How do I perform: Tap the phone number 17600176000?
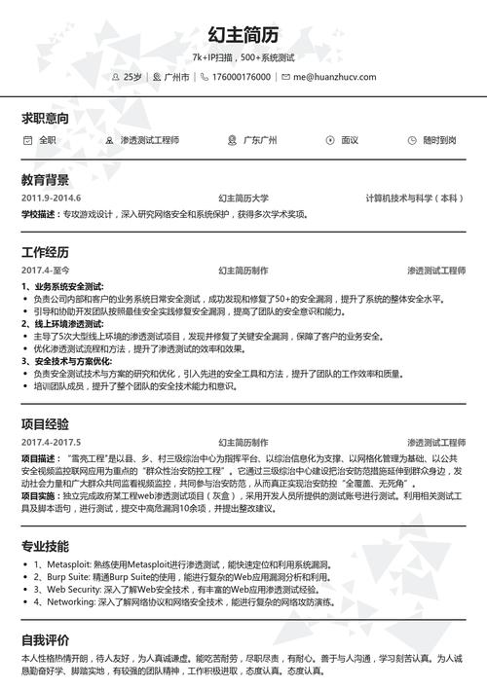point(241,76)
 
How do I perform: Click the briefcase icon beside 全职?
point(27,140)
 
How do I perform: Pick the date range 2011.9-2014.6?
point(51,199)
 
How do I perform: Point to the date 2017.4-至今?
point(47,270)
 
